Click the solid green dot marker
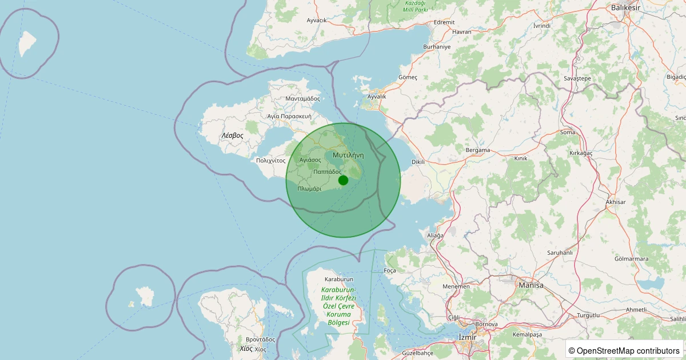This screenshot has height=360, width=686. pyautogui.click(x=343, y=181)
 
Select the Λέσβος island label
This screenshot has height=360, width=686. pyautogui.click(x=233, y=136)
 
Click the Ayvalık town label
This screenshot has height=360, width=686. pyautogui.click(x=377, y=97)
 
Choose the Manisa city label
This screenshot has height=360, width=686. pyautogui.click(x=531, y=285)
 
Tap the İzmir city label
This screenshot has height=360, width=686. pyautogui.click(x=468, y=337)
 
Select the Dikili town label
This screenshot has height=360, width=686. pyautogui.click(x=418, y=162)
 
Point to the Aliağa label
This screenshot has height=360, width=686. pyautogui.click(x=435, y=235)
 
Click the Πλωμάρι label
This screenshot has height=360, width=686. pyautogui.click(x=309, y=189)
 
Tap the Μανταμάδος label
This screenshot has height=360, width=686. pyautogui.click(x=302, y=98)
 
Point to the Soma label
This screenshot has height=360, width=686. pyautogui.click(x=568, y=132)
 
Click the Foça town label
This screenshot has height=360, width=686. pyautogui.click(x=390, y=270)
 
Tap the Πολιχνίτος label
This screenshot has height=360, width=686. pyautogui.click(x=271, y=161)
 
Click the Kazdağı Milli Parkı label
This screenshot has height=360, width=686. pyautogui.click(x=416, y=6)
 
